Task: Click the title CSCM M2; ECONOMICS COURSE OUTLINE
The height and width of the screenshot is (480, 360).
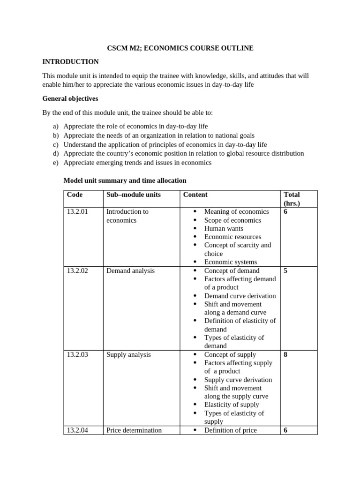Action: [x=180, y=48]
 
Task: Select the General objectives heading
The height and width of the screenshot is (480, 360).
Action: [x=70, y=99]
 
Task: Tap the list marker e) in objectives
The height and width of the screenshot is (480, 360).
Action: [x=56, y=163]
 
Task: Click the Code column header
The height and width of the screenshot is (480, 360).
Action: [x=75, y=195]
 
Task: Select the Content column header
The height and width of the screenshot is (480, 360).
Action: [x=195, y=195]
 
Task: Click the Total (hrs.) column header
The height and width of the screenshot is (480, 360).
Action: [x=292, y=199]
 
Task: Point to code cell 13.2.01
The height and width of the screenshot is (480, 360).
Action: [x=77, y=211]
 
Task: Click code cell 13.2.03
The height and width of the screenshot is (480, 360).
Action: [x=77, y=355]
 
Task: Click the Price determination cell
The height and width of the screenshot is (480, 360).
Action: [x=134, y=430]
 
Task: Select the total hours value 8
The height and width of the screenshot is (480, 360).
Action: [x=285, y=355]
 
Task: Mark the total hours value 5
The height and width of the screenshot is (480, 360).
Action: [x=285, y=270]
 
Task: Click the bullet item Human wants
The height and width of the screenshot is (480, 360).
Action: [x=224, y=228]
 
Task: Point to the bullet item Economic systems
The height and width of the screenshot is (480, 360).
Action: [x=230, y=262]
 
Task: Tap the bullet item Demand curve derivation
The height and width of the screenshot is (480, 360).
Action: [x=240, y=296]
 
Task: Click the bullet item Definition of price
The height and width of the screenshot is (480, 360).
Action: [x=230, y=430]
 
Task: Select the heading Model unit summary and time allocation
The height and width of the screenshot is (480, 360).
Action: [x=125, y=180]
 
